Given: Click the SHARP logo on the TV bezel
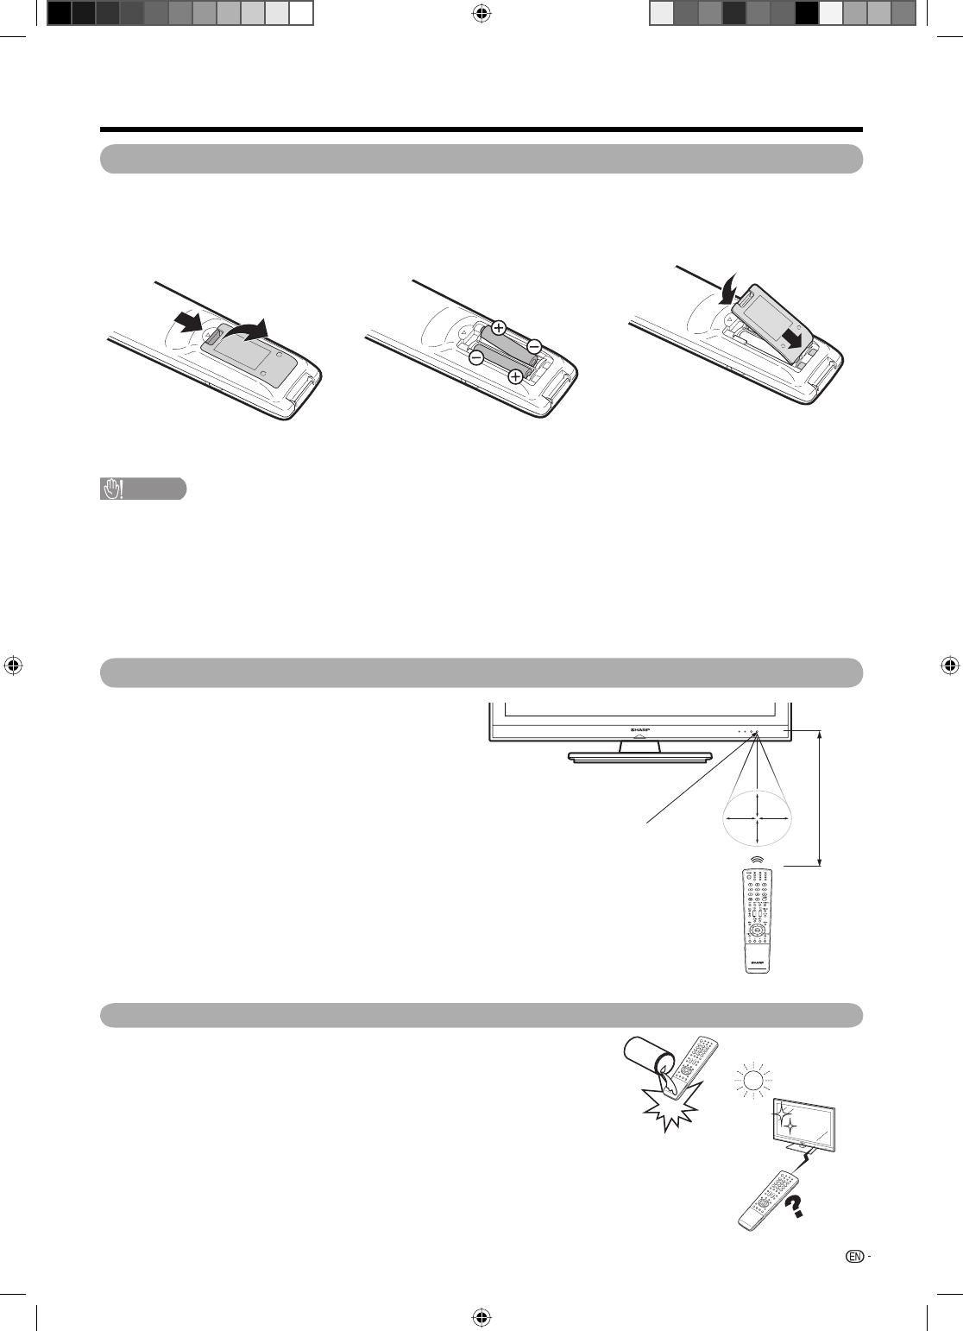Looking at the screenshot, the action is (x=639, y=730).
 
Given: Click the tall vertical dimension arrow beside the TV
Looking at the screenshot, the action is (x=821, y=798).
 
